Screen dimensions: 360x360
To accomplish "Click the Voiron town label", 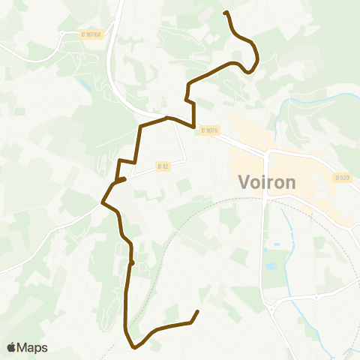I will click(x=267, y=182).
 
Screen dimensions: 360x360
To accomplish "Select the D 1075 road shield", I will click(x=209, y=130).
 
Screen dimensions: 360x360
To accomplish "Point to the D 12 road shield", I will click(x=163, y=166).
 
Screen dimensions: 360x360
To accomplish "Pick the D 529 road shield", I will click(x=343, y=178).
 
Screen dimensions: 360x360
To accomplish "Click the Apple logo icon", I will click(x=12, y=347).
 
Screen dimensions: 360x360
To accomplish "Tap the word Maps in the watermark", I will click(x=33, y=347).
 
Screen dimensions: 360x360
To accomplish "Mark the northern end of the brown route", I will click(x=226, y=12).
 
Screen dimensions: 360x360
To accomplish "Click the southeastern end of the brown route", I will click(x=197, y=311).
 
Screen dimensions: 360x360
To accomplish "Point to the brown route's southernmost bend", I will click(x=134, y=347).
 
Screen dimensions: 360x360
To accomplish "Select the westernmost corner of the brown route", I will click(x=103, y=202).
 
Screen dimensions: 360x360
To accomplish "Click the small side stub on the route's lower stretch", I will click(x=133, y=263).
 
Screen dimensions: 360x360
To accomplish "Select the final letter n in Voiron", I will click(x=291, y=182).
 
